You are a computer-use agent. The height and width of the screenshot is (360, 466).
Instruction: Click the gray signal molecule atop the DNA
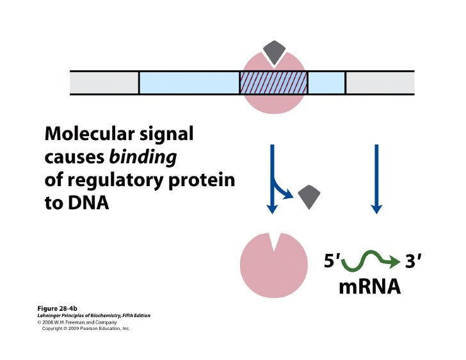273,52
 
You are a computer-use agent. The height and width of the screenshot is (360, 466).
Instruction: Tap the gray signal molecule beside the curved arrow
309,195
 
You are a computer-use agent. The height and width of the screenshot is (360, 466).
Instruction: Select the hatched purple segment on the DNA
273,83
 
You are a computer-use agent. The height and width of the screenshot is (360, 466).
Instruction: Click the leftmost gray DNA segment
104,83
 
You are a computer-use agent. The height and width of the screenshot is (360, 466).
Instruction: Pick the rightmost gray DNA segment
380,83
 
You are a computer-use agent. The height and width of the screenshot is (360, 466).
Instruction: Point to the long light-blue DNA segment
189,83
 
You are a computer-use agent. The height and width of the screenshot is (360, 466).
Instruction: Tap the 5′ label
333,262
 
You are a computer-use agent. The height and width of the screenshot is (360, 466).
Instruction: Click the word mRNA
369,286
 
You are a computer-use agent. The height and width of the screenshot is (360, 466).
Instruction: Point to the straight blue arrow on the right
376,179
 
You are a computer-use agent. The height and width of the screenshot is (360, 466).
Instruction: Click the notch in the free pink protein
273,241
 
